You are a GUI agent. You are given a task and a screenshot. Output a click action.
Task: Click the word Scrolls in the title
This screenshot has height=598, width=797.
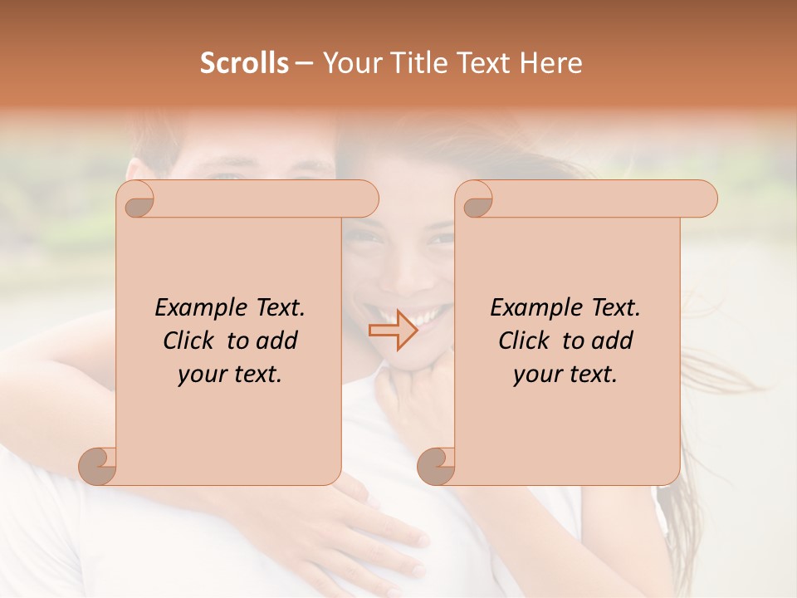244,63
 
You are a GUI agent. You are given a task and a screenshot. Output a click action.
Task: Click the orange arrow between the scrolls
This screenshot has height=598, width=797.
393,330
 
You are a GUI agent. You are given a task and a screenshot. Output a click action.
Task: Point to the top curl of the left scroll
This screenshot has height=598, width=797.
138,200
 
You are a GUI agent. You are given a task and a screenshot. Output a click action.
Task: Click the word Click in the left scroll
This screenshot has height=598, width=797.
188,341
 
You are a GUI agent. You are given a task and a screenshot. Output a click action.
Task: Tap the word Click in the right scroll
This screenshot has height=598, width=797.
524,341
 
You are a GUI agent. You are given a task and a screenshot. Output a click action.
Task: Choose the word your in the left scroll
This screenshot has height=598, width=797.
202,375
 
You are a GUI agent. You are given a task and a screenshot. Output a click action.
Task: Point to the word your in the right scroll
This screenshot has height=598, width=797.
537,375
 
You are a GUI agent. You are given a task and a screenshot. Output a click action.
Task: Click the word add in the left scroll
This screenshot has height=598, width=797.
278,341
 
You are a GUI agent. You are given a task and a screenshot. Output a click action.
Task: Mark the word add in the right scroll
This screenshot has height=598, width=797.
614,341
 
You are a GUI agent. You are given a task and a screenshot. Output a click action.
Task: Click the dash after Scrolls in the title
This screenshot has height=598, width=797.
304,64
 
